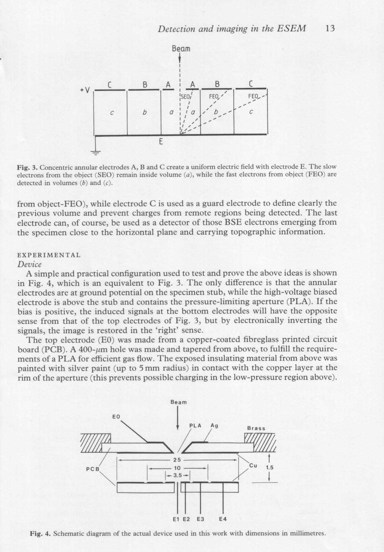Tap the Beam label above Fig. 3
[x=180, y=49]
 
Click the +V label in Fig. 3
[x=85, y=90]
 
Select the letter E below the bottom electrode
[x=161, y=142]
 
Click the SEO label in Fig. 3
[x=185, y=97]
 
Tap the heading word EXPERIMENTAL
[x=49, y=255]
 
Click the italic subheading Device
[x=29, y=264]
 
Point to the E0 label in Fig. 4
[x=116, y=416]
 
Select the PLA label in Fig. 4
[x=195, y=426]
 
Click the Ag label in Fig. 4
[x=214, y=426]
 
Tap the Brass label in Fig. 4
[x=256, y=428]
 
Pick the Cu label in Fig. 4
[x=253, y=466]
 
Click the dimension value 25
[x=177, y=460]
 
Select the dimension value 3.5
[x=177, y=475]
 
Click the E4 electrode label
[x=223, y=519]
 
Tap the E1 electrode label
[x=176, y=519]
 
